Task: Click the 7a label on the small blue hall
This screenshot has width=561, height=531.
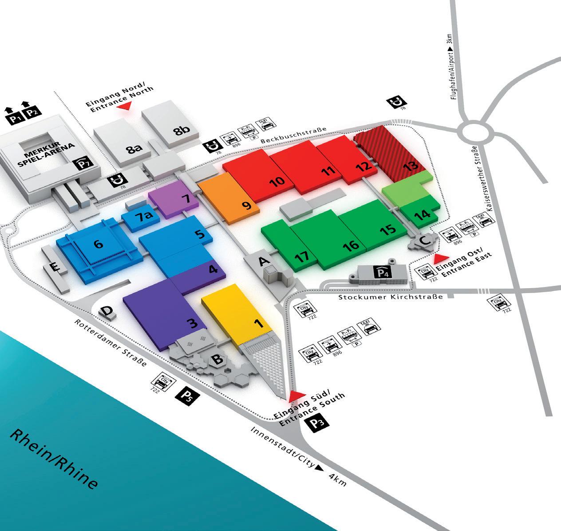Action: pos(143,218)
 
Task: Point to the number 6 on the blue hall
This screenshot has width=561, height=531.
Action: pos(98,244)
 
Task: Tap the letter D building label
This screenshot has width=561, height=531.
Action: pos(107,311)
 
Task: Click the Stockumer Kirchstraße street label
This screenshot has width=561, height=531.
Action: pos(391,296)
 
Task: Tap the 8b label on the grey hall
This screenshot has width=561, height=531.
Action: pos(182,131)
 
